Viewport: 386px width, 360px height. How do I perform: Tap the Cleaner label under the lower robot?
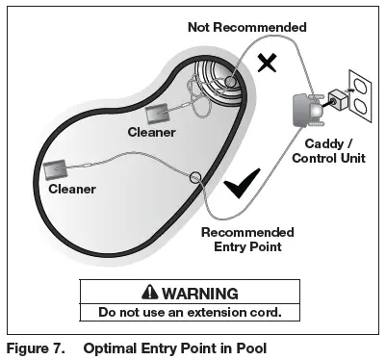tap(73, 189)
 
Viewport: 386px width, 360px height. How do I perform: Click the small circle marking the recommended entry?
tap(195, 177)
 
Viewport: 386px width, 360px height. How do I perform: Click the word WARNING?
tap(202, 293)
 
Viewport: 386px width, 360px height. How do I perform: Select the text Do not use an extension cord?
tap(190, 312)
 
